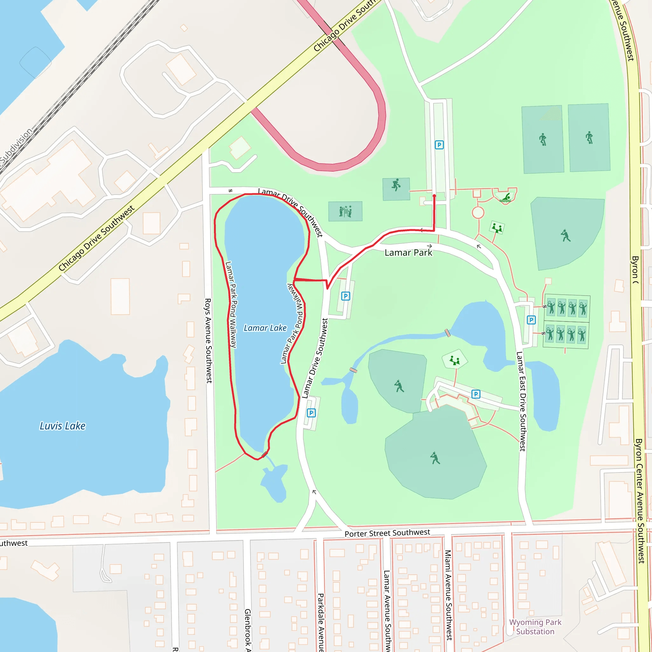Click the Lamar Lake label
pos(265,328)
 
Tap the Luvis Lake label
pos(62,426)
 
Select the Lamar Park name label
pos(408,253)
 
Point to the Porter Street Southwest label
pos(387,533)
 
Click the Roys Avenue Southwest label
pos(208,341)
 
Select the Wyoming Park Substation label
pos(535,627)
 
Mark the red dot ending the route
pos(434,196)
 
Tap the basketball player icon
pos(396,185)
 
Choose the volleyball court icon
pos(345,211)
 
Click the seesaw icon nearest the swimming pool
pos(497,228)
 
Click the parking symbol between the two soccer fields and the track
pos(439,145)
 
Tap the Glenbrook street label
pos(247,630)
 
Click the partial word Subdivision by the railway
pos(16,145)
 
